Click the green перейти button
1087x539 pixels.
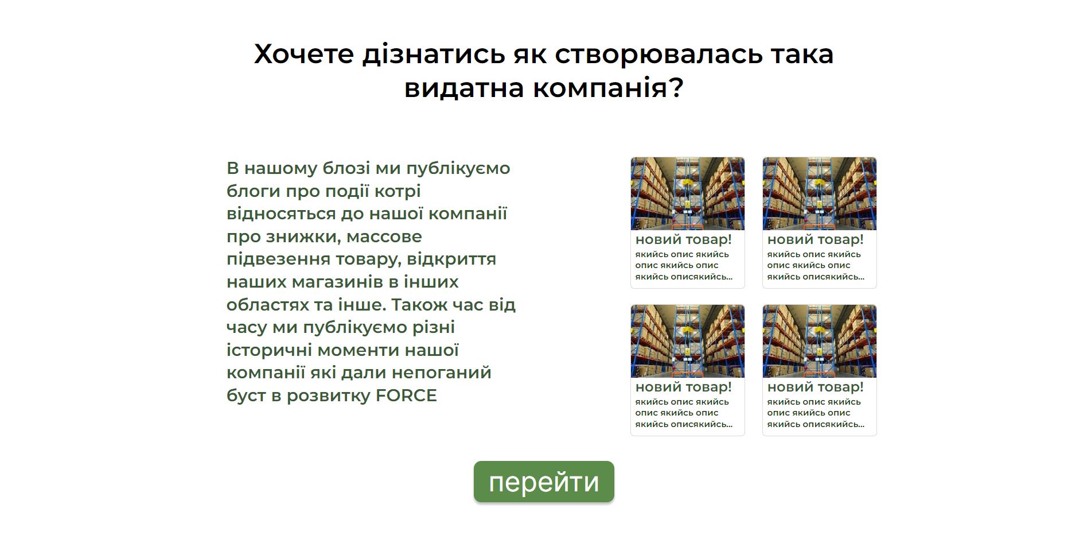544,482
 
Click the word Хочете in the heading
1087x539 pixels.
304,54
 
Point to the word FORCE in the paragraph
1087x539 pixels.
406,395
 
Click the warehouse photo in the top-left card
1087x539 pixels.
688,194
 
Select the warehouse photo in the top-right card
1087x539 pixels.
820,194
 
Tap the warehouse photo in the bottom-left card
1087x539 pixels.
688,342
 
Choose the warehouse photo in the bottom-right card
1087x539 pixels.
820,342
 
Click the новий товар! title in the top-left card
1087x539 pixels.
684,240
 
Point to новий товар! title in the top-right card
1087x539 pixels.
816,240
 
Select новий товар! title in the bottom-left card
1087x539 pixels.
684,387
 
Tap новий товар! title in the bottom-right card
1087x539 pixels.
816,387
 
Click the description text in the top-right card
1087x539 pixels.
816,265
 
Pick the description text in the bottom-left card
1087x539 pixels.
684,413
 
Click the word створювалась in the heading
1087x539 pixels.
659,54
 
